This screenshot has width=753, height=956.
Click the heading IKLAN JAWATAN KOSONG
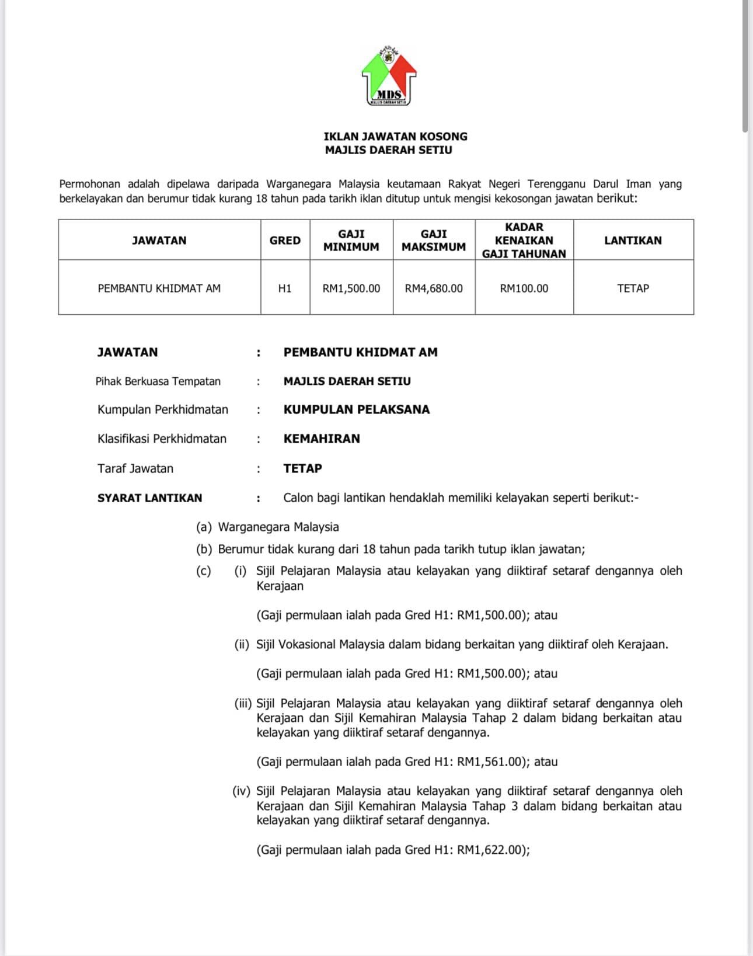(395, 136)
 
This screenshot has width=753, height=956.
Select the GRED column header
(285, 240)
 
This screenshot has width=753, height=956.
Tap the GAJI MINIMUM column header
(351, 240)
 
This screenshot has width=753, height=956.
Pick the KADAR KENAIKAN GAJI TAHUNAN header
(524, 240)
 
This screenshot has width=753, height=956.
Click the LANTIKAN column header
(633, 240)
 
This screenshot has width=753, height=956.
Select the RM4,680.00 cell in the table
(433, 288)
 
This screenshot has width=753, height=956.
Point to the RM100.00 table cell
(524, 288)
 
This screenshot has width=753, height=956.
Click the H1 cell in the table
(285, 288)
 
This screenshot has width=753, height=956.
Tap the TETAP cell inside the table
(633, 288)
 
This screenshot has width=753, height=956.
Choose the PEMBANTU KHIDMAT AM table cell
(159, 288)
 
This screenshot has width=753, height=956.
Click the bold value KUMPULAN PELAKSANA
(356, 409)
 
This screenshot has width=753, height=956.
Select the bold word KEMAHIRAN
(322, 439)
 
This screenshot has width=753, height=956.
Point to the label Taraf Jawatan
(135, 468)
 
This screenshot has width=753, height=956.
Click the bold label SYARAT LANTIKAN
(149, 498)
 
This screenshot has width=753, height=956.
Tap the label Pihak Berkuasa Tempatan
(158, 381)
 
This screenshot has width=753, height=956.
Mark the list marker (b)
(204, 549)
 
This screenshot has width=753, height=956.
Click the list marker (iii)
(243, 703)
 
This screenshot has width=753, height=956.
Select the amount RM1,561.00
(488, 762)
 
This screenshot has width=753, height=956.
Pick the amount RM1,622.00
(488, 850)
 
